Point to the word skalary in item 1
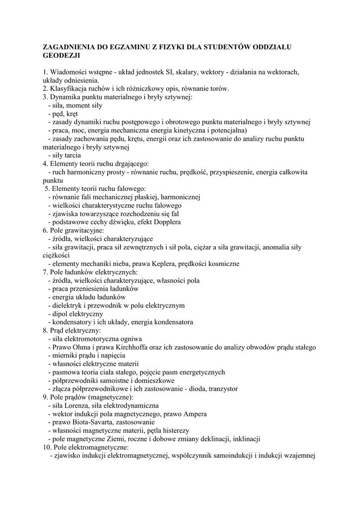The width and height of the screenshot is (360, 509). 186,72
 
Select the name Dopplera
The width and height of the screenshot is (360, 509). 164,222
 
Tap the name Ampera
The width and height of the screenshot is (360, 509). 194,414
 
